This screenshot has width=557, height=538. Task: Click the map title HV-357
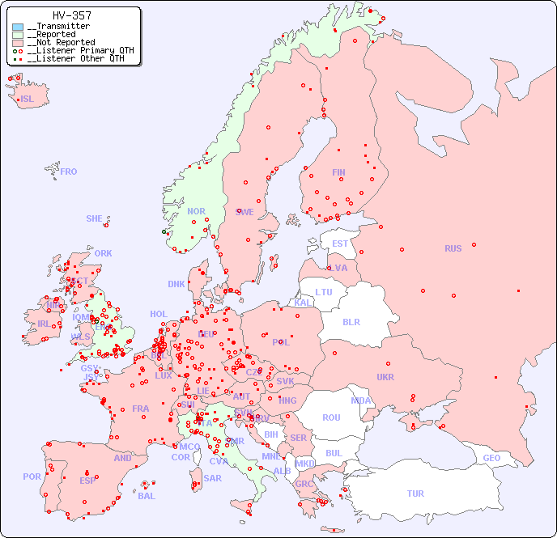click(71, 15)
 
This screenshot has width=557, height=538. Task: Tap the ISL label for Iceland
click(28, 100)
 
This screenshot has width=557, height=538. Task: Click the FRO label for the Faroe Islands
click(69, 172)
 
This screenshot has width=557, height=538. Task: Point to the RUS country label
click(453, 248)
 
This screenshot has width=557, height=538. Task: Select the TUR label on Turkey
click(415, 494)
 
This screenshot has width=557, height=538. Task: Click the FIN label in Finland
click(338, 172)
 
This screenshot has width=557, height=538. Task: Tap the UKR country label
click(385, 377)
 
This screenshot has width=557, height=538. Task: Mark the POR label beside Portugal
click(32, 477)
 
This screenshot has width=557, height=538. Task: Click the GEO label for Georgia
click(491, 458)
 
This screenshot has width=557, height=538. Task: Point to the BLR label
click(351, 321)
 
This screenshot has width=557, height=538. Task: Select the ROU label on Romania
click(331, 417)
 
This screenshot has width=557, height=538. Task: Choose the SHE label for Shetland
click(95, 218)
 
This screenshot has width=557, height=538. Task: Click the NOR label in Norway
click(196, 211)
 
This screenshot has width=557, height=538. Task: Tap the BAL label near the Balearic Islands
click(147, 496)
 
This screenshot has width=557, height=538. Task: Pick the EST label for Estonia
click(340, 244)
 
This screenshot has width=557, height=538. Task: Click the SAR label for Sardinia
click(213, 478)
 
